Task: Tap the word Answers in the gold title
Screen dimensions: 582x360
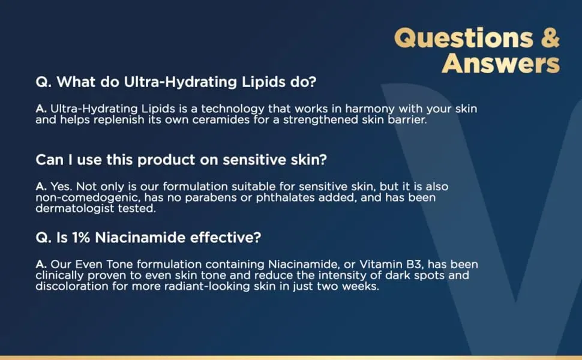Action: (501, 63)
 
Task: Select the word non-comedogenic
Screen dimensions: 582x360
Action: (88, 198)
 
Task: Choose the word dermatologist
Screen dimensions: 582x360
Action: (74, 209)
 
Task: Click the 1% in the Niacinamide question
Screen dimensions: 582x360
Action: (81, 238)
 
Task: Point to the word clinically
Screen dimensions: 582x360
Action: (60, 276)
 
